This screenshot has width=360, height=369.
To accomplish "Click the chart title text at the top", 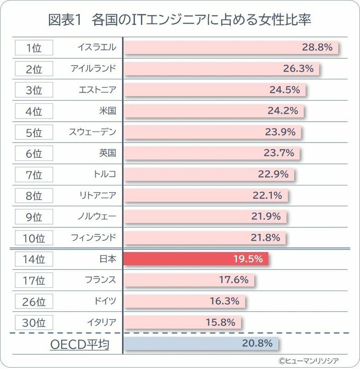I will pyautogui.click(x=180, y=20).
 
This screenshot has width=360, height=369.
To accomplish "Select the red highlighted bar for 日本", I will pyautogui.click(x=196, y=259).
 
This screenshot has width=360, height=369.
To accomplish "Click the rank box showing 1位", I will pyautogui.click(x=34, y=48).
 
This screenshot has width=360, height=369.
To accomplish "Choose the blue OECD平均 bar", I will pyautogui.click(x=201, y=343).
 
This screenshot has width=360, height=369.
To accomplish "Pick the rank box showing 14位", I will pyautogui.click(x=34, y=259).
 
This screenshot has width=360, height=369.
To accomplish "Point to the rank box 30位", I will pyautogui.click(x=34, y=322).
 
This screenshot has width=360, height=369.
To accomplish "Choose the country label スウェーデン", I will pyautogui.click(x=93, y=132).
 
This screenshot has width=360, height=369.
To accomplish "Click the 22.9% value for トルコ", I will pyautogui.click(x=273, y=174).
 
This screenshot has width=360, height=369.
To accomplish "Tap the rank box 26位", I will pyautogui.click(x=34, y=301).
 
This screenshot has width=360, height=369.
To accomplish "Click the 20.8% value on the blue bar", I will pyautogui.click(x=257, y=343).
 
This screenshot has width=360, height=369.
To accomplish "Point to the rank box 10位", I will pyautogui.click(x=34, y=238).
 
